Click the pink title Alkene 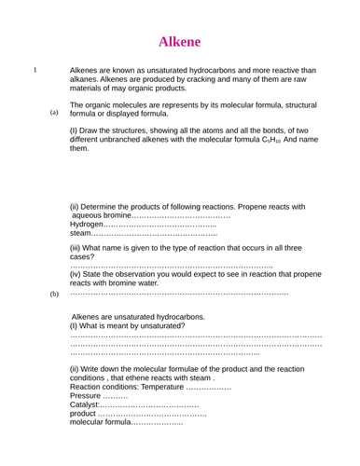pyautogui.click(x=180, y=41)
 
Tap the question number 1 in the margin pyautogui.click(x=35, y=70)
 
